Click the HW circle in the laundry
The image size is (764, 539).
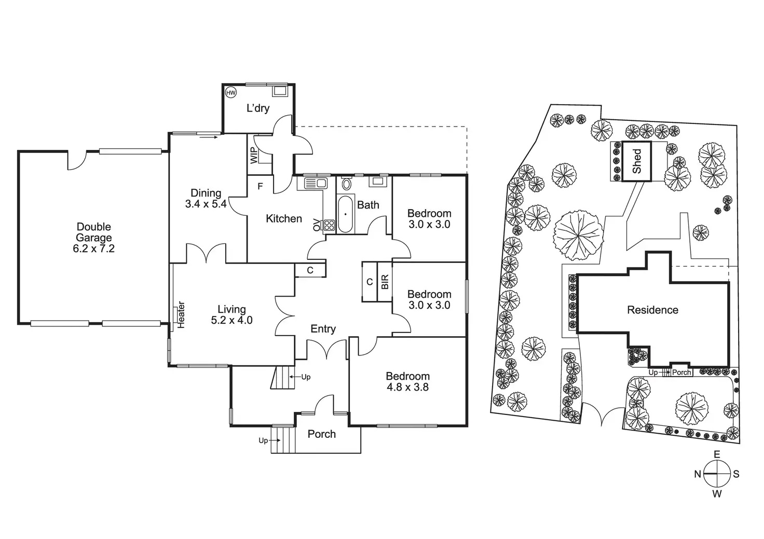pyautogui.click(x=231, y=93)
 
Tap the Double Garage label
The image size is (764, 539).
pyautogui.click(x=94, y=232)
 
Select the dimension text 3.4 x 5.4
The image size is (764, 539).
pyautogui.click(x=206, y=204)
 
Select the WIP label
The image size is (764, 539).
pyautogui.click(x=254, y=155)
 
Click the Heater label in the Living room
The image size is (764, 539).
pyautogui.click(x=181, y=314)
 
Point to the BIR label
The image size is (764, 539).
pyautogui.click(x=385, y=282)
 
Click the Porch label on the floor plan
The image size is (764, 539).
pyautogui.click(x=322, y=434)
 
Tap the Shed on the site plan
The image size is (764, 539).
pyautogui.click(x=637, y=161)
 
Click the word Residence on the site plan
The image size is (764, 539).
pyautogui.click(x=652, y=310)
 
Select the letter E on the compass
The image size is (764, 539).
pyautogui.click(x=717, y=454)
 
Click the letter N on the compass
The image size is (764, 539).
pyautogui.click(x=698, y=474)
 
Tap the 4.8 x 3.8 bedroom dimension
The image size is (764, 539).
pyautogui.click(x=407, y=387)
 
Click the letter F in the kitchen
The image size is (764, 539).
pyautogui.click(x=261, y=186)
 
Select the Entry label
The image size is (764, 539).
pyautogui.click(x=323, y=329)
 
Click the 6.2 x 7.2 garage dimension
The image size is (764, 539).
pyautogui.click(x=94, y=248)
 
